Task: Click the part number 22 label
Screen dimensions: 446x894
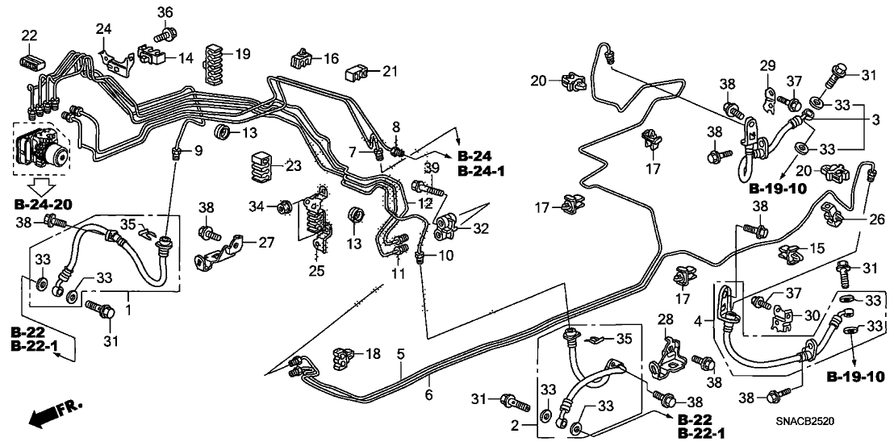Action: [x=28, y=35]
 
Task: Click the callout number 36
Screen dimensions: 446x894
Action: [x=165, y=12]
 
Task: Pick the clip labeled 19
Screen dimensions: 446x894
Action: [x=215, y=57]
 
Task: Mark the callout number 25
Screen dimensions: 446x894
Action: [x=316, y=271]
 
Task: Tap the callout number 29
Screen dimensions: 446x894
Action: [x=767, y=65]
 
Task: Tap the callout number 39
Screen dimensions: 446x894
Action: [x=431, y=166]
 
